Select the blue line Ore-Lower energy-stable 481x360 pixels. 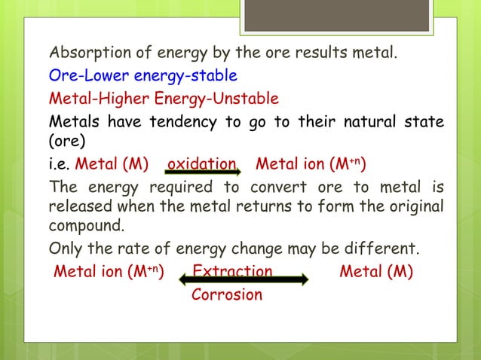[142, 76]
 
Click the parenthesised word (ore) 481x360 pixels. [69, 142]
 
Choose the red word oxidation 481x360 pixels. [201, 164]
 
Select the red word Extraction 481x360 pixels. [232, 271]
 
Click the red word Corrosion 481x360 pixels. [226, 294]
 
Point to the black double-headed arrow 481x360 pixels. [243, 280]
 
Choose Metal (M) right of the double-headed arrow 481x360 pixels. [375, 271]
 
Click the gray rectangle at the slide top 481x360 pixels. [336, 16]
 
